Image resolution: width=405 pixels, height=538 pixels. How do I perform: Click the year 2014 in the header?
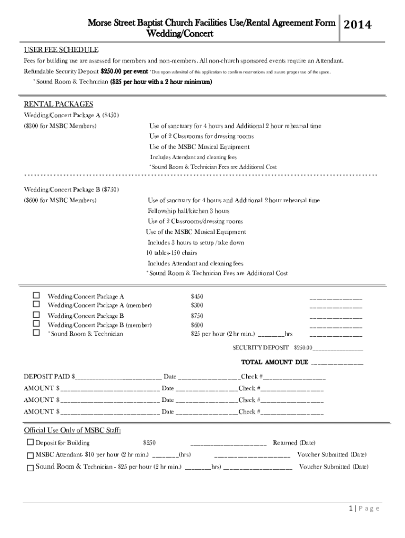tap(357, 25)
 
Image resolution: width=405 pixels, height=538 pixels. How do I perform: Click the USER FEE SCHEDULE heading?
tap(61, 50)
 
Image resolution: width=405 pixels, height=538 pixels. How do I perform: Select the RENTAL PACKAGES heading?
tap(58, 104)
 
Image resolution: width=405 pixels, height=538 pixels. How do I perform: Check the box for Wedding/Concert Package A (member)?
tap(36, 304)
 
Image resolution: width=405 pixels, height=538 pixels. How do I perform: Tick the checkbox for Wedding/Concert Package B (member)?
tap(36, 324)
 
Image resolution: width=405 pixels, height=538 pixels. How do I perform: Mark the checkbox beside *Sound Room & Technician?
tap(36, 333)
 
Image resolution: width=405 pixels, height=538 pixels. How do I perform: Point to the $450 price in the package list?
tap(197, 296)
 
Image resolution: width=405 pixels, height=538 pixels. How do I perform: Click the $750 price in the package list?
tap(197, 316)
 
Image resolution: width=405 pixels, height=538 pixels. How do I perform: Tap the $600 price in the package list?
tap(197, 325)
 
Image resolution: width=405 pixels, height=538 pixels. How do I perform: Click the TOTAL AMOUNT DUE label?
tap(275, 362)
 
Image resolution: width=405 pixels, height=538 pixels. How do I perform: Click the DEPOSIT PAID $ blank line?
tap(118, 377)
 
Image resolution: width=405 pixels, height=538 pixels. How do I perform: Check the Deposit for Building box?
tap(30, 442)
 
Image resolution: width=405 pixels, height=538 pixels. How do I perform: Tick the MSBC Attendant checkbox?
tap(30, 454)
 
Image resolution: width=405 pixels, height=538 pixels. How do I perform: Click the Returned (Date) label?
tap(294, 443)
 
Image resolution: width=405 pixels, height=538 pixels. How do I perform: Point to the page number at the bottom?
tap(363, 508)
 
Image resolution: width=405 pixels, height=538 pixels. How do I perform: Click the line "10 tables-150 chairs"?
tap(175, 253)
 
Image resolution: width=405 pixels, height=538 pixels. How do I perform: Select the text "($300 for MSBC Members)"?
tap(60, 127)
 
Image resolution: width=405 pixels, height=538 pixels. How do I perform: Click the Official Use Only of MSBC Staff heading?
tap(73, 431)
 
